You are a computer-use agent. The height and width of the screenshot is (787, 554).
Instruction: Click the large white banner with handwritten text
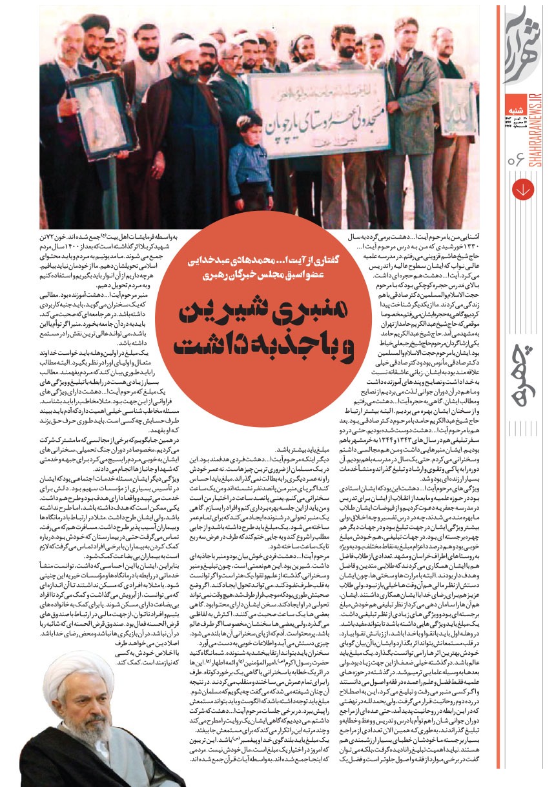(316, 112)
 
